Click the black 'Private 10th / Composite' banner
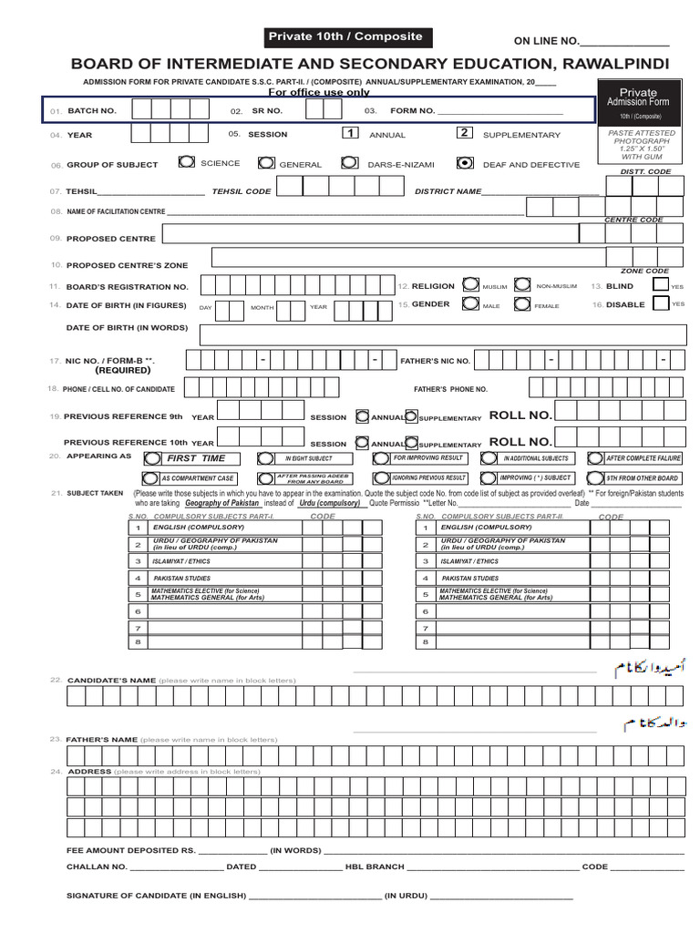345,36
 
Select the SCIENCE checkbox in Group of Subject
186,162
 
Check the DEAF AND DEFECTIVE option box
465,163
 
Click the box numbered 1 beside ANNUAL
349,133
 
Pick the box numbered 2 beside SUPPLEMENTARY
464,133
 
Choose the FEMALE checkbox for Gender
521,304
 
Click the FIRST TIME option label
195,458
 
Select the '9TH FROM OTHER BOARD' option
643,478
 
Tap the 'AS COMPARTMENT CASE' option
197,478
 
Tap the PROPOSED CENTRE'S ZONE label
127,265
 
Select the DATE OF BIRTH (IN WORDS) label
127,327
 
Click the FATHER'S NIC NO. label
436,361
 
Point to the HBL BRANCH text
375,866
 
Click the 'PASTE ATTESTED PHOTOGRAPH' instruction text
642,141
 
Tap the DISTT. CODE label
645,171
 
